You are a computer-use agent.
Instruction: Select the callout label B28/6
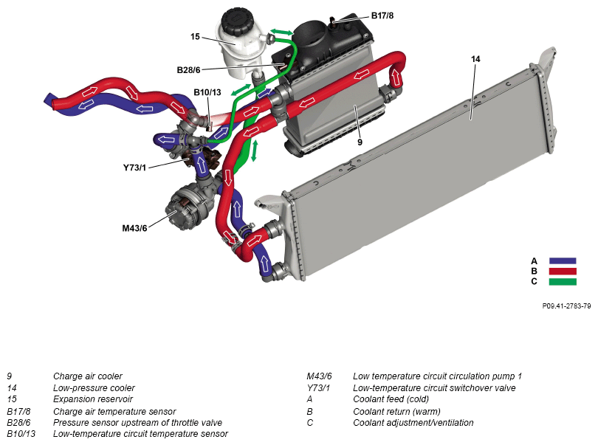(189, 70)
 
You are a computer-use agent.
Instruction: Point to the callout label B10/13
(207, 92)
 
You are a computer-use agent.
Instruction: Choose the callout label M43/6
(135, 227)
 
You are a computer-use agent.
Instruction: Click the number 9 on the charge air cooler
(360, 142)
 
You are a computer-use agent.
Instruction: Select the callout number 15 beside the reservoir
(195, 36)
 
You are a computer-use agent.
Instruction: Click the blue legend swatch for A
(563, 261)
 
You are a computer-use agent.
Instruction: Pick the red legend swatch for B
(563, 271)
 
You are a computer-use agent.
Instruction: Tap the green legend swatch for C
(563, 281)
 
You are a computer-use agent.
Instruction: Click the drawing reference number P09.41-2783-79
(566, 305)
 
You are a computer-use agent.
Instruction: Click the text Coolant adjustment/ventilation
(413, 423)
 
